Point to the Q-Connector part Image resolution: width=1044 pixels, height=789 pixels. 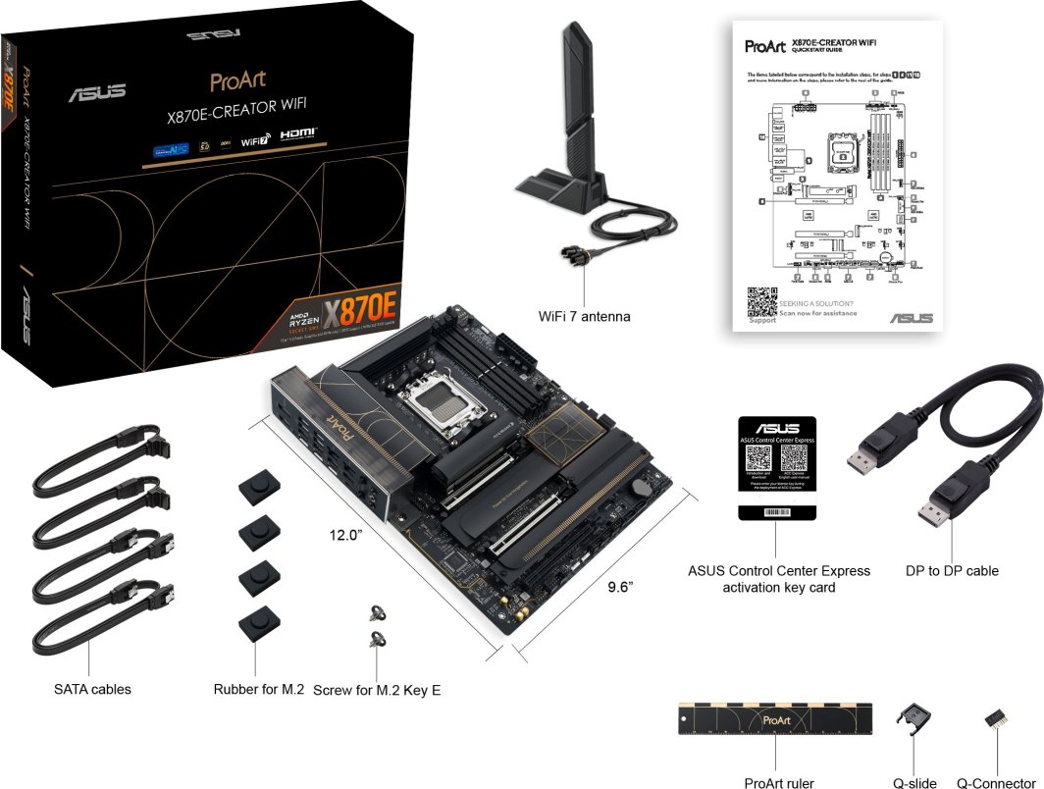point(998,719)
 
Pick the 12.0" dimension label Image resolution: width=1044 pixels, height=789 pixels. point(346,535)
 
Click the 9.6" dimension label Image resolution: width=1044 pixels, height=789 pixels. point(620,587)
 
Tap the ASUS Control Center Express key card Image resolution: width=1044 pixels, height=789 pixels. point(777,465)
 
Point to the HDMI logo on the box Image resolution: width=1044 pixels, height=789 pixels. point(298,132)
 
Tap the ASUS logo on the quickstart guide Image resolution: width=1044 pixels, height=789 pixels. point(912,318)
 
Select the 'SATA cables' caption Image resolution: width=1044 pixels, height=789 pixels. point(92,689)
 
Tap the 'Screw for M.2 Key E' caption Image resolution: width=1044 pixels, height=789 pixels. point(377,690)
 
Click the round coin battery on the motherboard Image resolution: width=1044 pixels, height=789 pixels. point(640,485)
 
